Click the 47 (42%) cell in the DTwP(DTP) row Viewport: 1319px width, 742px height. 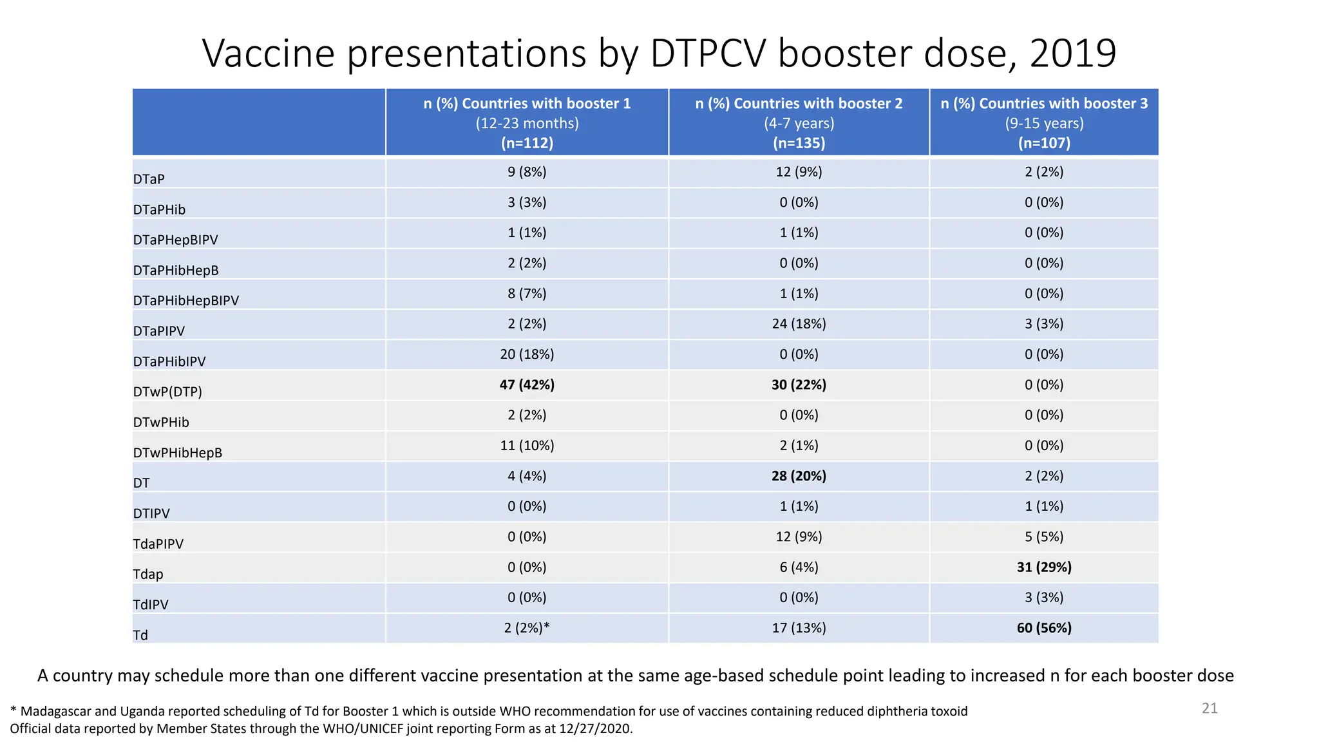[x=527, y=385]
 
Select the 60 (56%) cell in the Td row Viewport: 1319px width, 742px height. [x=1044, y=627]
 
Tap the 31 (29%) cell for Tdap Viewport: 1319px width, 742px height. [x=1044, y=567]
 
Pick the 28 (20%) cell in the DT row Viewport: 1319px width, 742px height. [x=799, y=476]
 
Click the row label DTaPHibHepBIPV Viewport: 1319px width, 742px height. [x=185, y=301]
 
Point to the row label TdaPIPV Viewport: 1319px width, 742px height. [x=158, y=544]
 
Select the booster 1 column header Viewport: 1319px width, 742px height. [x=527, y=122]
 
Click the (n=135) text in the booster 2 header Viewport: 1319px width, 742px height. [x=799, y=143]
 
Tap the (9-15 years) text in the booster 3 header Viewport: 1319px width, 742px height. [x=1044, y=123]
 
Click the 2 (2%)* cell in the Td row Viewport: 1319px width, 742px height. [x=527, y=627]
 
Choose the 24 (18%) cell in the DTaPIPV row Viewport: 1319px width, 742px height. [x=799, y=324]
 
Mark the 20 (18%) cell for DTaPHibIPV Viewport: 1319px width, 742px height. [x=527, y=354]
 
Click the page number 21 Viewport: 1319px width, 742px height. [x=1210, y=709]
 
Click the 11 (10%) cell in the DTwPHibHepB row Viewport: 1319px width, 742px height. [x=527, y=445]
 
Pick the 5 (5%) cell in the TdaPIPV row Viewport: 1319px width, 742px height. [x=1044, y=537]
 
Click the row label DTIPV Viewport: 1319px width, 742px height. [x=151, y=513]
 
